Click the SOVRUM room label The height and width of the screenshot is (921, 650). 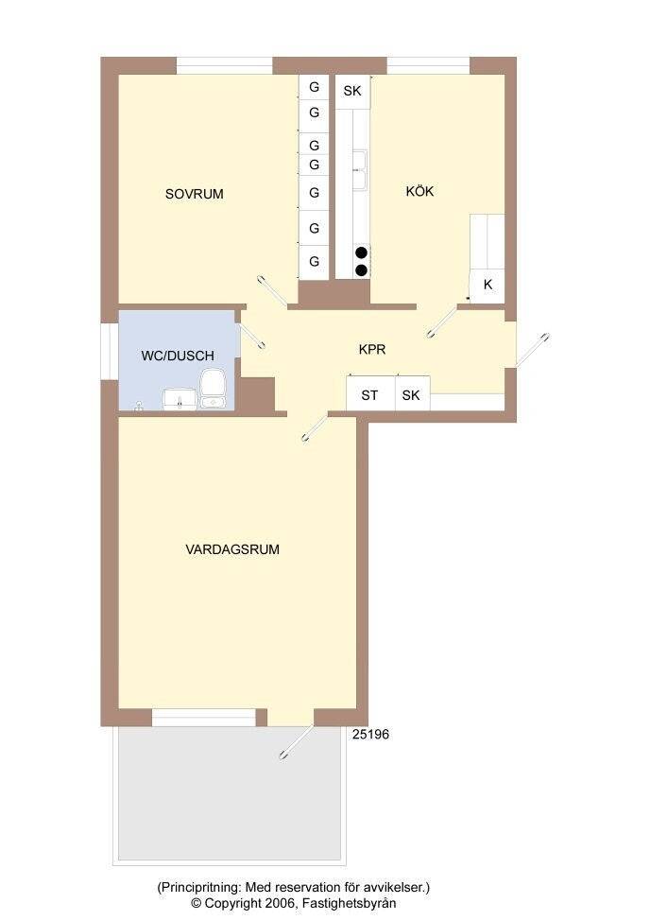[195, 194]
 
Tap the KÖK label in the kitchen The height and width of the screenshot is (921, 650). [420, 191]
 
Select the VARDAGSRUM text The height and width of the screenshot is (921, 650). [232, 549]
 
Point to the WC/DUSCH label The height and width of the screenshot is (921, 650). [178, 356]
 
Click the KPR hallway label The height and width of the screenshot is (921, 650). [372, 350]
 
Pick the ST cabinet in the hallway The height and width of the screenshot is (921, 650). [370, 393]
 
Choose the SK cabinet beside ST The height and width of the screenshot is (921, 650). [412, 393]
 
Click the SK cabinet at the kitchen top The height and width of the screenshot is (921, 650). [352, 91]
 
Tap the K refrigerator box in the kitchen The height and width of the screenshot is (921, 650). [487, 286]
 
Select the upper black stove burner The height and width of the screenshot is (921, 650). [362, 252]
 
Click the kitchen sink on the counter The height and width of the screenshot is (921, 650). [360, 170]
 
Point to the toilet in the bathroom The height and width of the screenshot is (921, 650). [212, 388]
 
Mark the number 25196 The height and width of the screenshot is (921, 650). [370, 734]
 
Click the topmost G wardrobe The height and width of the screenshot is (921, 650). [314, 87]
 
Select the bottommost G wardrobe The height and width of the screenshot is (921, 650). [314, 261]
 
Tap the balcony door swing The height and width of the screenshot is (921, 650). [297, 741]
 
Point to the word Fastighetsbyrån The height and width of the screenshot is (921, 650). [350, 903]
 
